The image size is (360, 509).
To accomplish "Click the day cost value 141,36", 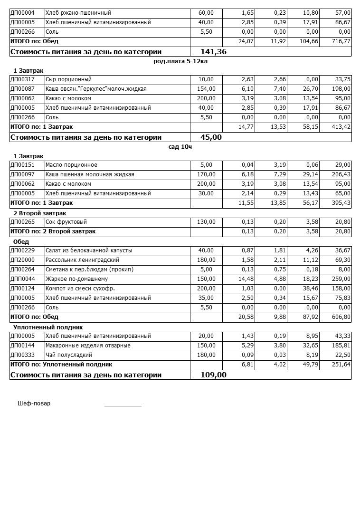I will point(214,52).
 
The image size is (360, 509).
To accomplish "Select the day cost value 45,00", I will point(211,137).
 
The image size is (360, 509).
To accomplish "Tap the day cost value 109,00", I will point(214,375).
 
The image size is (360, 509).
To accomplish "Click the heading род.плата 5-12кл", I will point(180,61).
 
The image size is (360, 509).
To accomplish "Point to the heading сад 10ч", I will point(180,147).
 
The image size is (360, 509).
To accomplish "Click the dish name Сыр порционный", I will point(68,79).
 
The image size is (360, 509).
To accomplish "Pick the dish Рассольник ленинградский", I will point(82,260).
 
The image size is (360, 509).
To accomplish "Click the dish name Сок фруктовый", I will point(66,222).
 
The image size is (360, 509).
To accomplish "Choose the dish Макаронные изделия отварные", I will point(88,346).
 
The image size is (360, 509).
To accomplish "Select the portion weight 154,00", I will point(206,89).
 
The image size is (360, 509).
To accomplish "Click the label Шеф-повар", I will point(34,403).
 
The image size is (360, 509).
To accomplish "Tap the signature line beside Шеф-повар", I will point(123,405).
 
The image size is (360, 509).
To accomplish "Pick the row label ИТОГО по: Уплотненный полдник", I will point(61,365).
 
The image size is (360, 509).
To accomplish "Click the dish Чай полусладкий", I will point(69,355).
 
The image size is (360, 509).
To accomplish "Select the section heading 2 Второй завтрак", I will point(40,213).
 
